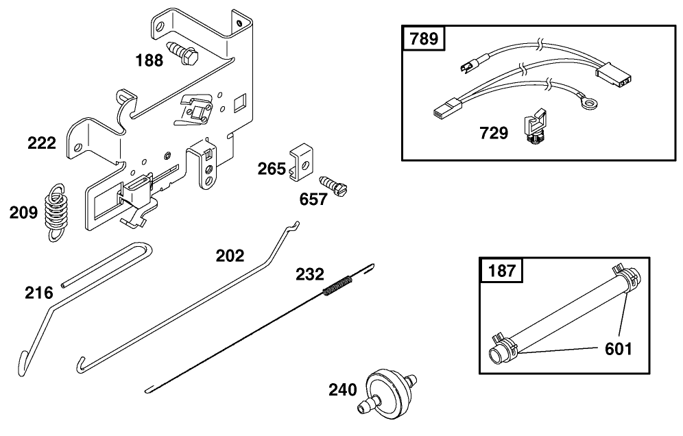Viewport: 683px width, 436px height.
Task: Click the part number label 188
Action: (149, 60)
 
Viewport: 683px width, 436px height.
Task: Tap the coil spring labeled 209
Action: (57, 210)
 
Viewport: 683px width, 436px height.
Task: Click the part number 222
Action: (42, 144)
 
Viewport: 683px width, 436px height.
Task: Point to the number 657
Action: (314, 199)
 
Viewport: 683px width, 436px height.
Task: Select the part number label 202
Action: (230, 256)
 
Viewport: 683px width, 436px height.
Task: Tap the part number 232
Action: (310, 275)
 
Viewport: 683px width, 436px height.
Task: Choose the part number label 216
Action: (39, 293)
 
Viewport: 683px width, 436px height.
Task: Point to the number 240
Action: (343, 390)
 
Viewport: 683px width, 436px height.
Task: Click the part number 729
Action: (494, 132)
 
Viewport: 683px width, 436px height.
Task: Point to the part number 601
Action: (617, 349)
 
